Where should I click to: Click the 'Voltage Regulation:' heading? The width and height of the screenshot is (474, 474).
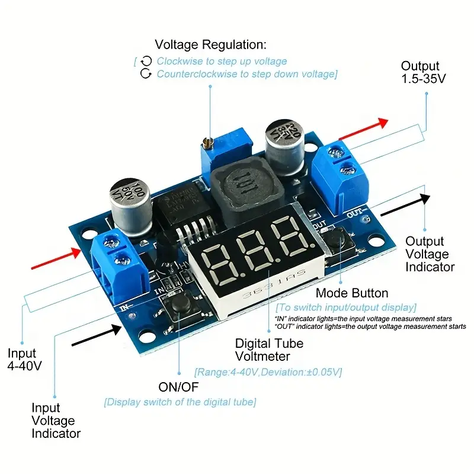click(x=210, y=44)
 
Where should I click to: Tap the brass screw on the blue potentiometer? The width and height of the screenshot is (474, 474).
click(x=207, y=143)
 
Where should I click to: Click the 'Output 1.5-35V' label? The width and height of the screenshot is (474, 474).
click(x=422, y=72)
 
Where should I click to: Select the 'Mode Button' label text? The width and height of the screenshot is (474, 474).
click(x=352, y=293)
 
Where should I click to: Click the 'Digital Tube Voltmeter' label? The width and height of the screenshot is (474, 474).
click(x=269, y=350)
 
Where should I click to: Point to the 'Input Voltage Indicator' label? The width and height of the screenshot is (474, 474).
click(x=56, y=421)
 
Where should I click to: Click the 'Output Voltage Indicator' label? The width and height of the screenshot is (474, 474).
click(x=430, y=254)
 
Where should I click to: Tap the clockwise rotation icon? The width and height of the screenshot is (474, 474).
click(x=146, y=61)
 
